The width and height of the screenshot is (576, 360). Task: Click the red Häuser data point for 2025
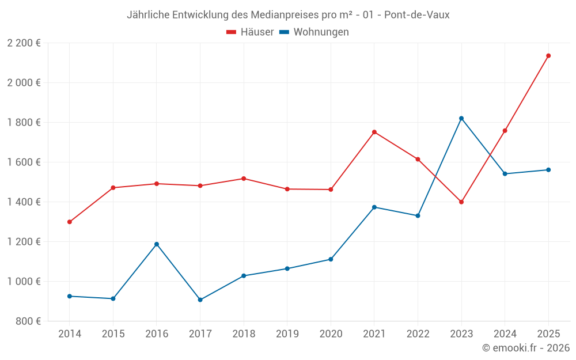tap(548, 56)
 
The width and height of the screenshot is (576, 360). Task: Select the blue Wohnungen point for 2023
tap(461, 118)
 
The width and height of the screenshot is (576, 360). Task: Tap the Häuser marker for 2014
tap(70, 222)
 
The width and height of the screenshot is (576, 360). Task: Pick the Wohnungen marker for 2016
tap(157, 244)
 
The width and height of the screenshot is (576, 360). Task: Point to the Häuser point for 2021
tap(374, 132)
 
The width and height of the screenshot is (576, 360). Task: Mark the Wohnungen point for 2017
tap(200, 300)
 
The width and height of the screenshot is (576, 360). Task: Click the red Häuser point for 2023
tap(461, 202)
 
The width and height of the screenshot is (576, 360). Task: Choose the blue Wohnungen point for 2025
tap(548, 170)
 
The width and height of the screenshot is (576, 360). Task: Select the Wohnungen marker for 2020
tap(331, 259)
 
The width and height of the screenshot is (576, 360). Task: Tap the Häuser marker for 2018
tap(244, 179)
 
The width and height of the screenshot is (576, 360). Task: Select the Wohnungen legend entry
tap(314, 32)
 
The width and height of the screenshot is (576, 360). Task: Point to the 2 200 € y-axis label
tap(24, 43)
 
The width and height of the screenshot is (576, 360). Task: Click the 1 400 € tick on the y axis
tap(24, 202)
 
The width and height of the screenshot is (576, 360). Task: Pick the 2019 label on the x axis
tap(287, 334)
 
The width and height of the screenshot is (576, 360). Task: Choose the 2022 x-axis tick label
tap(418, 334)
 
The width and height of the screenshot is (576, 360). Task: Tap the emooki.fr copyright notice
tap(525, 348)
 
